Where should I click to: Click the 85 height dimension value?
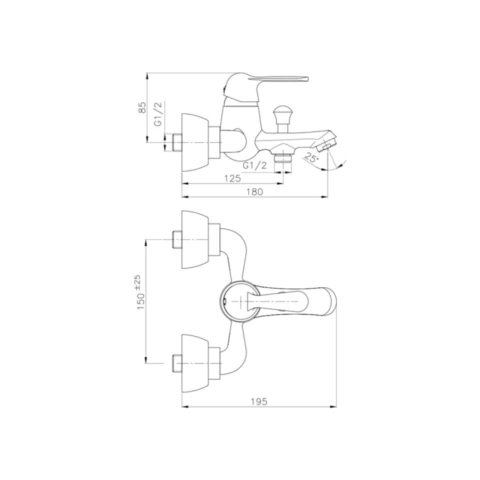[142, 107]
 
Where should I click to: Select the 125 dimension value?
[232, 178]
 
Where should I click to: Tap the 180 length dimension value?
[254, 191]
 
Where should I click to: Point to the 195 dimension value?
[259, 401]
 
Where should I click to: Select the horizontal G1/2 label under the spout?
[254, 165]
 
